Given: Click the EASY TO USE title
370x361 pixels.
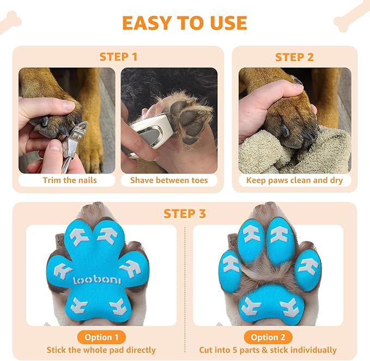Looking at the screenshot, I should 184,23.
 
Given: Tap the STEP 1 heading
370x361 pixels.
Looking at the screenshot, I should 118,57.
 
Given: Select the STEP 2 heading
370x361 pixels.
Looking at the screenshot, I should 294,57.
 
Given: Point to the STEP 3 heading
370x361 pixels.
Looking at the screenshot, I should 185,213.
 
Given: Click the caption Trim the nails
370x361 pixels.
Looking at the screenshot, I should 69,180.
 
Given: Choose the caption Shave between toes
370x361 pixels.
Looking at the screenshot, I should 168,180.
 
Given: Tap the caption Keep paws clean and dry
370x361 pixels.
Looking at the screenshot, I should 295,180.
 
